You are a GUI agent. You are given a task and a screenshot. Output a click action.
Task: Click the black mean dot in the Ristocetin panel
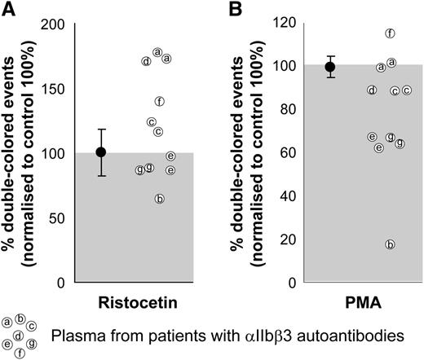101,151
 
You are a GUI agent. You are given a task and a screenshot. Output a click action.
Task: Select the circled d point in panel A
146,61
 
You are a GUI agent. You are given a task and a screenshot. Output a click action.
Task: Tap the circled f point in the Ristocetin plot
160,101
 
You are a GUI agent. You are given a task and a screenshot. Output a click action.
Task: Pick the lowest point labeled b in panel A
160,199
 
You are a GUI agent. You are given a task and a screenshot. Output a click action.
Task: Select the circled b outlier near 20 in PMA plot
390,244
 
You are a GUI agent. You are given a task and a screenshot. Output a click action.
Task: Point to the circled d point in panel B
372,90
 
